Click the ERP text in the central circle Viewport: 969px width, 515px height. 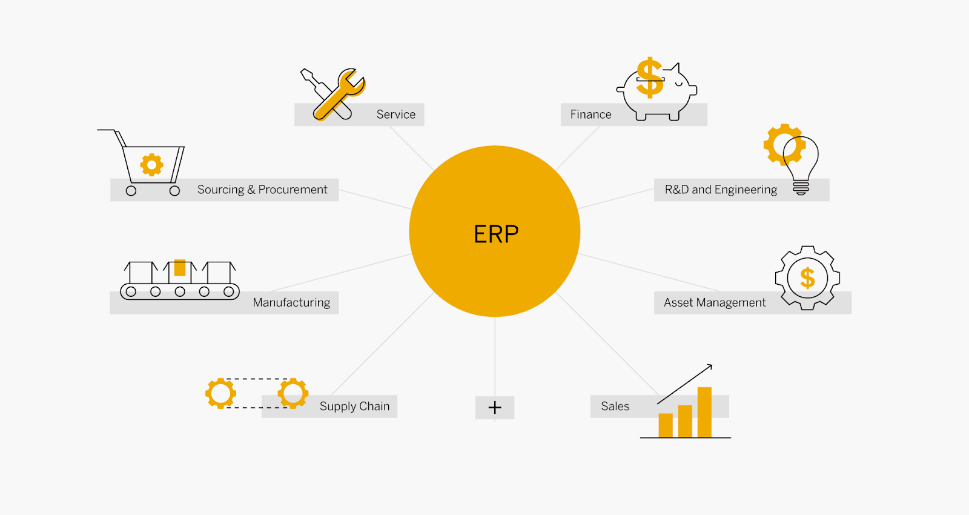(496, 234)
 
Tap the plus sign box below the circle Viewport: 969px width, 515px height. (495, 407)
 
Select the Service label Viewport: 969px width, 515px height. (396, 115)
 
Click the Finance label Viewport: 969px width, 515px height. (590, 115)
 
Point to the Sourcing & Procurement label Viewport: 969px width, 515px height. (262, 190)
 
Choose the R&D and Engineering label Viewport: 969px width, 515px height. (721, 190)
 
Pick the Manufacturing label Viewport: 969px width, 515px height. (291, 302)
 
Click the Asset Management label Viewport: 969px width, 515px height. (715, 302)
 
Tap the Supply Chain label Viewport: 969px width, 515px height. (355, 407)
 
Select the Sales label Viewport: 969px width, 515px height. (615, 407)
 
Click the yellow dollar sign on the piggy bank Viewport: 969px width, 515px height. (650, 78)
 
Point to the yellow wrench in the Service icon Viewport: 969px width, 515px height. (340, 95)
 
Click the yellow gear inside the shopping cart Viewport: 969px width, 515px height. (151, 165)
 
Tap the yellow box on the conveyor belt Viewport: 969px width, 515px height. (179, 267)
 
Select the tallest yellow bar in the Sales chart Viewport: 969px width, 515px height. (704, 412)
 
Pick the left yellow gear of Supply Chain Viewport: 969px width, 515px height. (220, 393)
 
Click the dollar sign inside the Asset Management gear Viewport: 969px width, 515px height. (808, 278)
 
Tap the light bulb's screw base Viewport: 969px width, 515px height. (801, 188)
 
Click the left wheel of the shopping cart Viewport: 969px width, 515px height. (131, 191)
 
